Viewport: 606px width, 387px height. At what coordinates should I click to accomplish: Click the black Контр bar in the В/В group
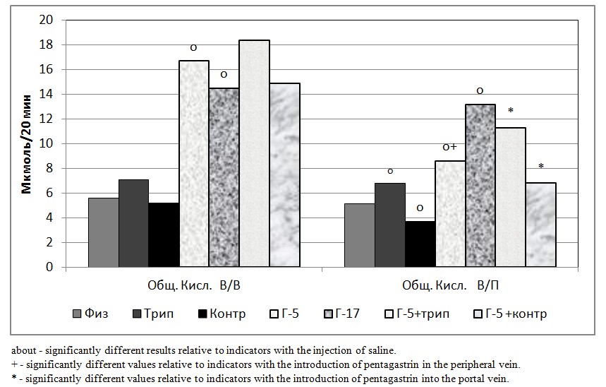(164, 235)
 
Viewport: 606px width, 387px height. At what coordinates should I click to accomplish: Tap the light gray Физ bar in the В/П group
(359, 235)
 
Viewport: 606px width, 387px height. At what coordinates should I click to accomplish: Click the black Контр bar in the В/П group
(420, 244)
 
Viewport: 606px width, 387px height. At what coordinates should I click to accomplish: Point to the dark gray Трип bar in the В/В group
(133, 223)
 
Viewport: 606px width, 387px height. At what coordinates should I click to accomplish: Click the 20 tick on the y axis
(48, 20)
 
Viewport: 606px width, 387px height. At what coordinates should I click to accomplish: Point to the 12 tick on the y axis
(48, 119)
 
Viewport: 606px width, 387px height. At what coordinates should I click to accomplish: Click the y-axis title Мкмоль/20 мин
(25, 143)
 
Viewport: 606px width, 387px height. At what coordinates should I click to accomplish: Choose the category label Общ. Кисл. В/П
(450, 286)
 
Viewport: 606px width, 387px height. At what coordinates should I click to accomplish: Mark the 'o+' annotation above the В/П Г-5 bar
(450, 148)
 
